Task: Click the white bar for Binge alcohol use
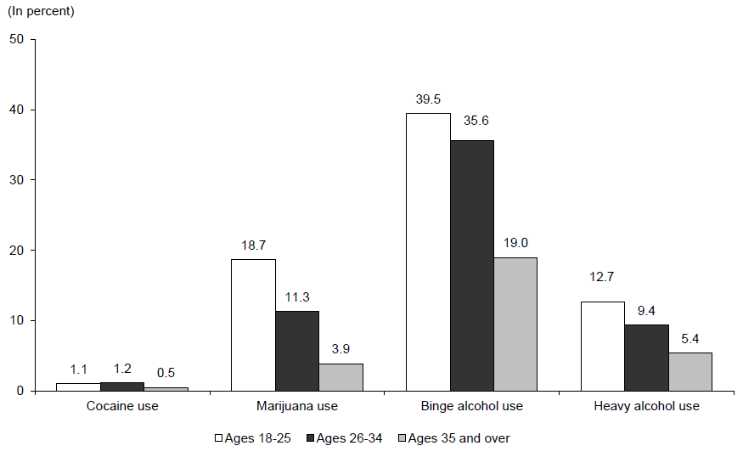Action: tap(428, 251)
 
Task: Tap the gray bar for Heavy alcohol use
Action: tap(690, 371)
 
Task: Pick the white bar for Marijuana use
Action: tap(253, 324)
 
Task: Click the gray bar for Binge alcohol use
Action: tap(515, 324)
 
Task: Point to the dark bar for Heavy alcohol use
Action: tap(646, 358)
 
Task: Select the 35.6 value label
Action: tap(476, 120)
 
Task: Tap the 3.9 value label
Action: tap(340, 348)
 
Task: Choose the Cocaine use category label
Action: tap(122, 406)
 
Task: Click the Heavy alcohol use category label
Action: tap(647, 406)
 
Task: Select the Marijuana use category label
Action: tap(297, 406)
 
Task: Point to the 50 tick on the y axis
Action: tap(15, 39)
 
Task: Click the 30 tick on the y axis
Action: tap(15, 180)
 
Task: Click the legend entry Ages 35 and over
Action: tap(454, 438)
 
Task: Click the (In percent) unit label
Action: tap(40, 12)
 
